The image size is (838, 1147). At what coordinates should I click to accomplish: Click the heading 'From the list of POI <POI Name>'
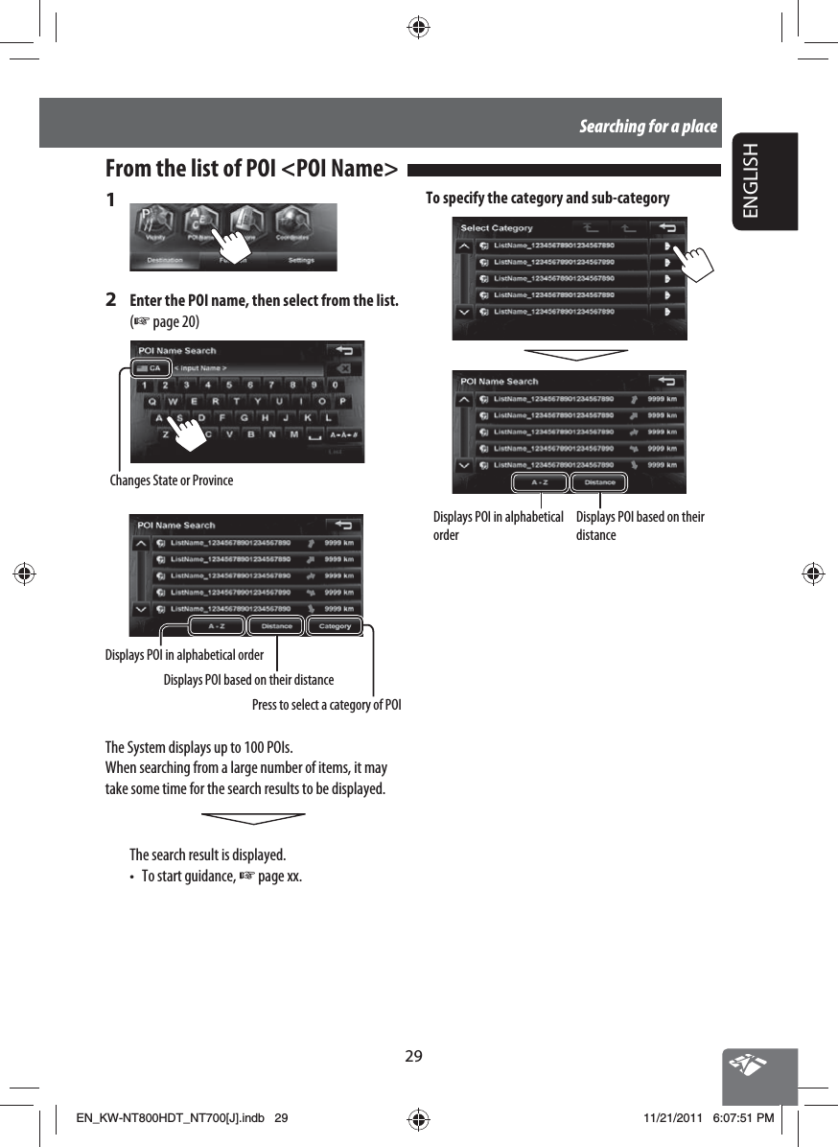[251, 170]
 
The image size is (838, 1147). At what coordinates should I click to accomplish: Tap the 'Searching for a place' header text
[647, 126]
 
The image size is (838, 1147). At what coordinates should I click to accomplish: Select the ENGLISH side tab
[763, 180]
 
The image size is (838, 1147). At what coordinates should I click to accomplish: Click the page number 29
[413, 1056]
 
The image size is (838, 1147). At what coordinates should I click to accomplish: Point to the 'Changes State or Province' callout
[172, 480]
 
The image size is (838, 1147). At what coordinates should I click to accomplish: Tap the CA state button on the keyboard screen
[151, 367]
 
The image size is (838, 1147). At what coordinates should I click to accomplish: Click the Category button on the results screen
[335, 626]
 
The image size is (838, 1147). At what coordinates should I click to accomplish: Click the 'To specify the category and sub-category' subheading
[547, 199]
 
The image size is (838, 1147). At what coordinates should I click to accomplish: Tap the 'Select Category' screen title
[497, 228]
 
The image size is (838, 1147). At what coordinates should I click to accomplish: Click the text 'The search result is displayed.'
[207, 854]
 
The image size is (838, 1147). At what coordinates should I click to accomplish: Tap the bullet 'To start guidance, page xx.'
[221, 876]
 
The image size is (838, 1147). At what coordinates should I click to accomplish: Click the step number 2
[111, 298]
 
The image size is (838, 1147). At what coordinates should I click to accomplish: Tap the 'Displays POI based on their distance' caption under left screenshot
[248, 680]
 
